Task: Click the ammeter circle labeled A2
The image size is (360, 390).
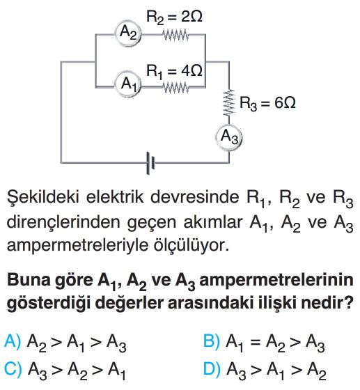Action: click(x=128, y=33)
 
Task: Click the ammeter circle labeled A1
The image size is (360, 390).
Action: click(x=128, y=84)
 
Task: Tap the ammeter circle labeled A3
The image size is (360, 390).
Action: click(x=228, y=137)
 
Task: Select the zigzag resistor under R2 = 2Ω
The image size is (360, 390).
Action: click(x=175, y=35)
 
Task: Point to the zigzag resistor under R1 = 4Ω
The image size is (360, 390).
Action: click(x=175, y=87)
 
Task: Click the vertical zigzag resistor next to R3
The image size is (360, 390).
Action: click(x=229, y=102)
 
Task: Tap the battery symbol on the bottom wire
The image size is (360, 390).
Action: click(x=150, y=163)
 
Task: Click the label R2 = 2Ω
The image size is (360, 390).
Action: click(x=174, y=17)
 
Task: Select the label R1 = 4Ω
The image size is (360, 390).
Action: click(x=174, y=71)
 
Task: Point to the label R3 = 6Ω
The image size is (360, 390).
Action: click(x=268, y=103)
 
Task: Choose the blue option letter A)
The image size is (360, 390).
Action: click(x=13, y=341)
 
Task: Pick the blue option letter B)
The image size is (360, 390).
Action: click(x=212, y=341)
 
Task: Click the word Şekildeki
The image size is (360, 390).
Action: click(x=43, y=198)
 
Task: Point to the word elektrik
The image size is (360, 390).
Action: click(x=115, y=197)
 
